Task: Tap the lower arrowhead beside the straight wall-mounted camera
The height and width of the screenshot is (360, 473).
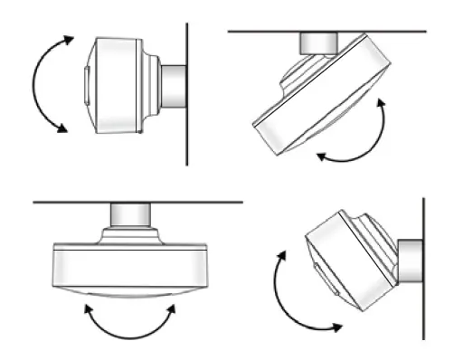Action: [61, 130]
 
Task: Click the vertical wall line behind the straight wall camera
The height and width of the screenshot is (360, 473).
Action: [187, 136]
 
